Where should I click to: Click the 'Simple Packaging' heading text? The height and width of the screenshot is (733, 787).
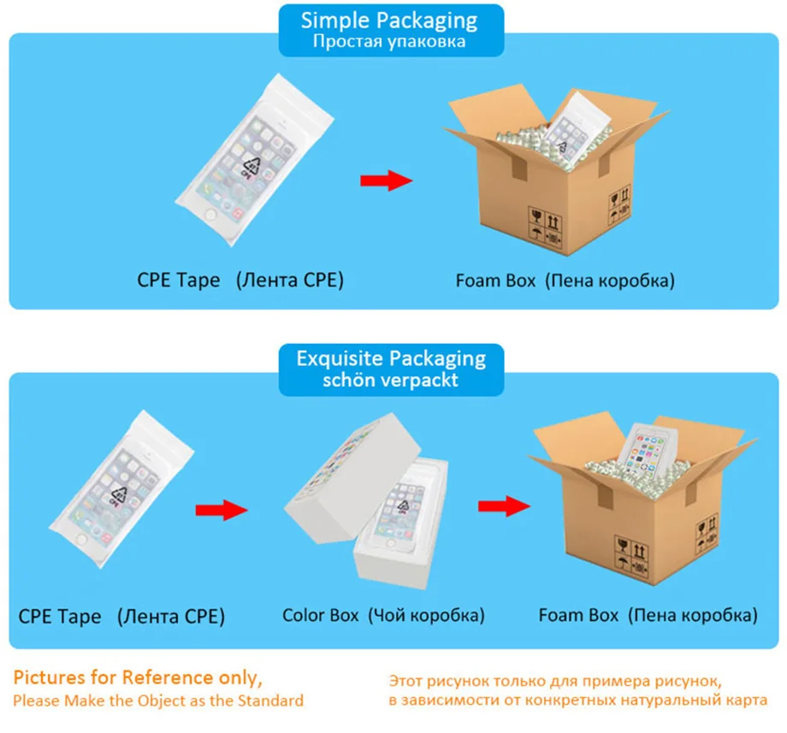pos(389,21)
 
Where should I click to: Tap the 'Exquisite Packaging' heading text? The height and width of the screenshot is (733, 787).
pos(391,359)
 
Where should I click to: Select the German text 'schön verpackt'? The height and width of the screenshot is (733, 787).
pos(390,381)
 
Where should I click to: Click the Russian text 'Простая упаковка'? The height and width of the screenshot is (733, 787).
pos(389,41)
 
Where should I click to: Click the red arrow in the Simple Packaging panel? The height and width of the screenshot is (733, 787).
pos(386,180)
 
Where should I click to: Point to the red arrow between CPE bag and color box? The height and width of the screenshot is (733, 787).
pos(222,510)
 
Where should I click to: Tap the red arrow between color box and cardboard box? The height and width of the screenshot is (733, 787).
pos(504,506)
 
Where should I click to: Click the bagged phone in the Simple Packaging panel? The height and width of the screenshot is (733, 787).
pos(254,160)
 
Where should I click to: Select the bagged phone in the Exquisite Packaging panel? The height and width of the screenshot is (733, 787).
pos(121,488)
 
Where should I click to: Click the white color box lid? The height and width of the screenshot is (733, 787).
pos(352,477)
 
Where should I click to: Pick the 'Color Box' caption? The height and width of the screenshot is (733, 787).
pos(320,615)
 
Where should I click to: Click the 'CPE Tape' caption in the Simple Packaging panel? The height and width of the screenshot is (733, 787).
pos(179,280)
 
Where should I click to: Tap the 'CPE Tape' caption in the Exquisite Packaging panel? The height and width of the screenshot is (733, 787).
pos(60,616)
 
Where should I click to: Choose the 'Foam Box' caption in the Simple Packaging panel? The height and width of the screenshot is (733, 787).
pos(495,281)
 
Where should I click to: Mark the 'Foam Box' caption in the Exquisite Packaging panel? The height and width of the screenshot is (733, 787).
pos(578,615)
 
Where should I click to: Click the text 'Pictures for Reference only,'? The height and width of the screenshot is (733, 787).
pos(138,677)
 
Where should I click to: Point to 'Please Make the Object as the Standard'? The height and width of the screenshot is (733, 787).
pos(158,700)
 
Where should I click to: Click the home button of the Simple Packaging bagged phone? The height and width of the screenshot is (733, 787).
pos(210,215)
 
